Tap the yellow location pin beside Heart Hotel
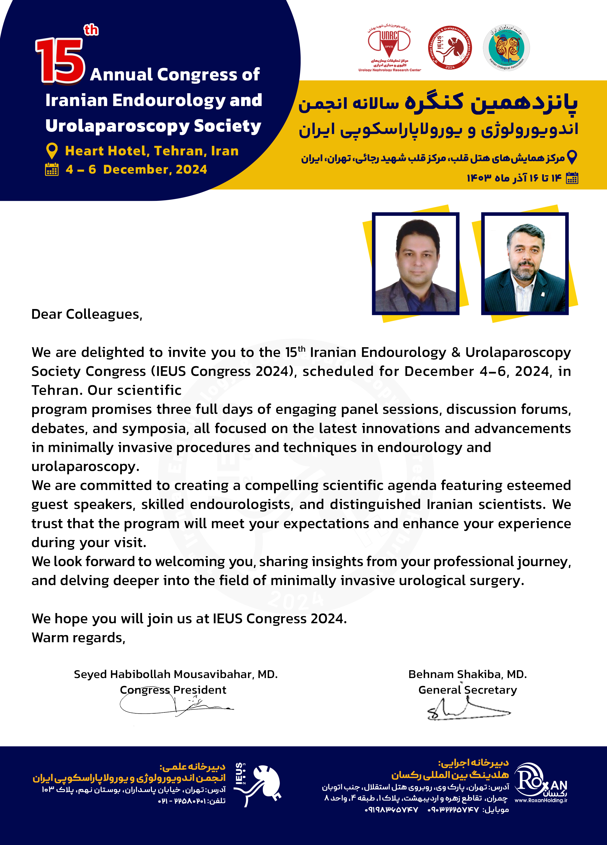click(52, 151)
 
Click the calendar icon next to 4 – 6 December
click(52, 170)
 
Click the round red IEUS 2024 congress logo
click(450, 48)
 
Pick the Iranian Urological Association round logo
click(506, 48)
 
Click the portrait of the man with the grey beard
click(525, 264)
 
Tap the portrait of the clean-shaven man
click(416, 264)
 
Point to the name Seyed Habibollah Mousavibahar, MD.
click(176, 674)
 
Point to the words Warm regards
click(78, 638)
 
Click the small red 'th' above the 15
click(91, 30)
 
